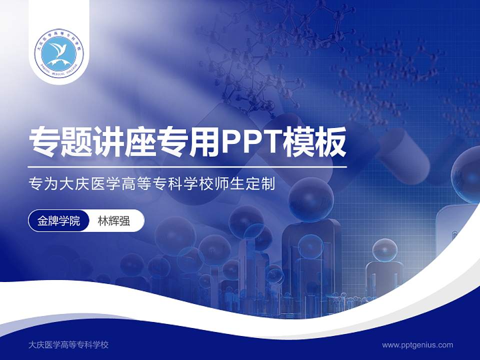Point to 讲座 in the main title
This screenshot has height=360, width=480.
point(124,143)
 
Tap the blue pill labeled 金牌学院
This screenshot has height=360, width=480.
point(59,220)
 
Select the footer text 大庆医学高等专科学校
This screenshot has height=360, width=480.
point(69,344)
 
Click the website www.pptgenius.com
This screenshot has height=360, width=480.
point(417,344)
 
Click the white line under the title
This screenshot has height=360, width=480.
point(187,166)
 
